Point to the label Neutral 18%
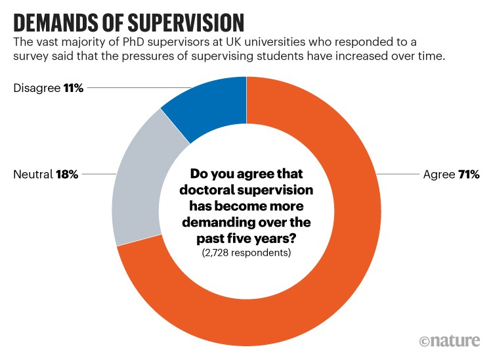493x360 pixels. (45, 175)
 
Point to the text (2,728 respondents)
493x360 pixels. (247, 253)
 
